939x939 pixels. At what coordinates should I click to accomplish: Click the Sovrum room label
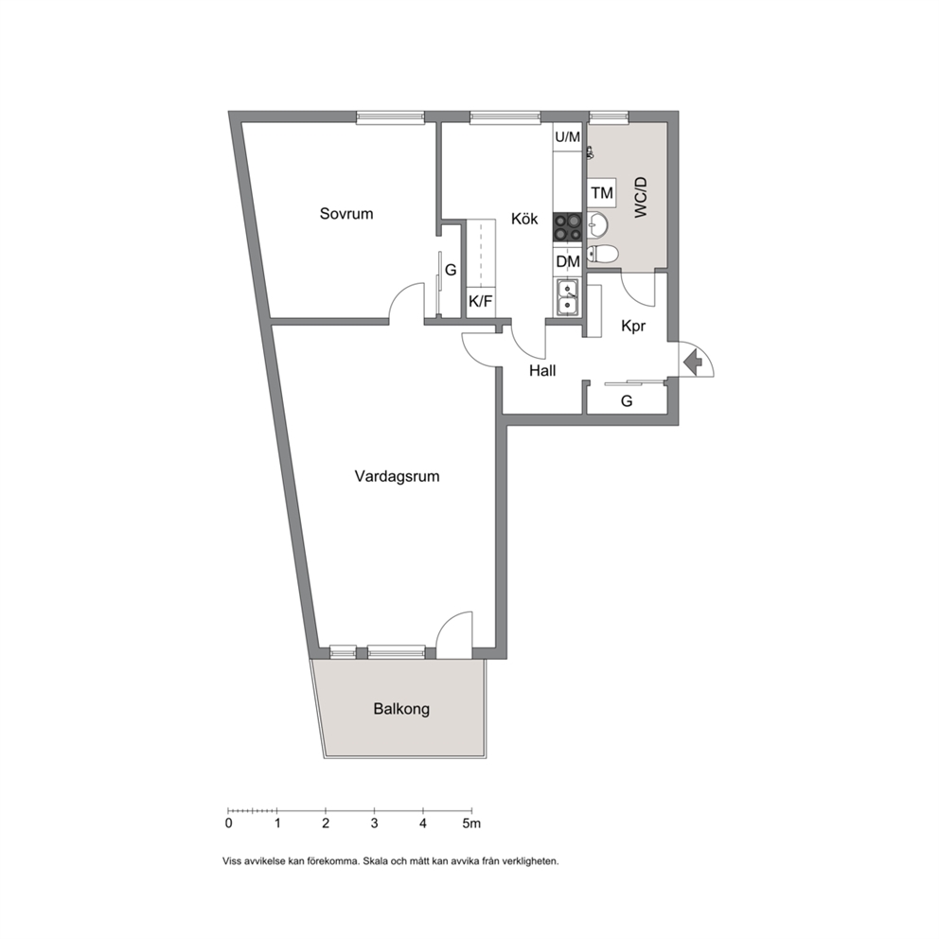coord(346,214)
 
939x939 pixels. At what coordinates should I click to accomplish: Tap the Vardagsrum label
coord(397,477)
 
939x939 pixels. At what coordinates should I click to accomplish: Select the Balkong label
coord(401,709)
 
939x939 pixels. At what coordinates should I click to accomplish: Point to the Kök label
coord(524,219)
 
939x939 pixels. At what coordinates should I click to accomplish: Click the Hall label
coord(542,371)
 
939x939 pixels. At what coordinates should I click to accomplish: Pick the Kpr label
coord(633,327)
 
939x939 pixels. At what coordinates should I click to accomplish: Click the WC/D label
coord(641,197)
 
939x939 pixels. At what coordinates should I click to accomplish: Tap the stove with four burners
coord(567,227)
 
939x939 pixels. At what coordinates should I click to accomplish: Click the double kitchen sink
coord(567,297)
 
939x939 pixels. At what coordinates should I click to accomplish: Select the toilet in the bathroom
coord(602,255)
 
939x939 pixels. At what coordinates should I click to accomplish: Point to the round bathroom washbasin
coord(597,225)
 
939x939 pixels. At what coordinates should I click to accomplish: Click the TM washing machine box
coord(602,193)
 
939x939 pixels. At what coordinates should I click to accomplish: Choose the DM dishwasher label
coord(568,261)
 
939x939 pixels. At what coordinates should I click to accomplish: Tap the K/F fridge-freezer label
coord(480,301)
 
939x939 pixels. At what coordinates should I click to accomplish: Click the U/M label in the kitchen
coord(568,137)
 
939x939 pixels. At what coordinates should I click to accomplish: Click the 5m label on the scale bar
coord(471,824)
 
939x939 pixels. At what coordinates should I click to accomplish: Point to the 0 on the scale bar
coord(229,824)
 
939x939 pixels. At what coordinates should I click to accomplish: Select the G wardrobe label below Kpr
coord(627,400)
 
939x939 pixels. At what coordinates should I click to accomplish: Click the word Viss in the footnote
coord(231,861)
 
